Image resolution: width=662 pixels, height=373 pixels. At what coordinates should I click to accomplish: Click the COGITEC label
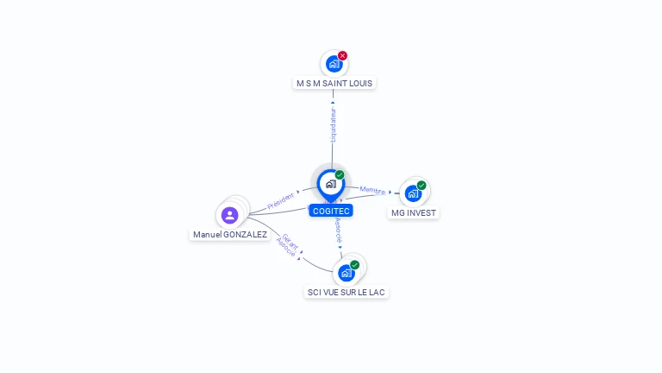coord(331,211)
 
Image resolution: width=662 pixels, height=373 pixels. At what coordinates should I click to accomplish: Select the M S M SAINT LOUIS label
coord(335,84)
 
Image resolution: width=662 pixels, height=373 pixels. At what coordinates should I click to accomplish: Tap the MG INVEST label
coord(414,212)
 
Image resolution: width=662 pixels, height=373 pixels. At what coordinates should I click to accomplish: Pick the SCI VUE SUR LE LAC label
coord(347,292)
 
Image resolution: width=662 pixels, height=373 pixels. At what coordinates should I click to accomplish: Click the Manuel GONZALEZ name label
coord(230,234)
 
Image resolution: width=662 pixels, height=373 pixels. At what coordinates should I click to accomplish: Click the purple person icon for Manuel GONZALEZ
coord(229,215)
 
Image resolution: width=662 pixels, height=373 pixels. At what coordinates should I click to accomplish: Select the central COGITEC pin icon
coord(330,184)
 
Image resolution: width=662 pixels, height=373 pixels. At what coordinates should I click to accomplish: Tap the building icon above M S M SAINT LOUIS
coord(334,64)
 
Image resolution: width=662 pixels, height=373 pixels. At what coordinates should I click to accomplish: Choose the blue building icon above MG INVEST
coord(413,193)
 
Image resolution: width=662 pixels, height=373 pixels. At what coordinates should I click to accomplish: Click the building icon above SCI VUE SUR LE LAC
coord(347,273)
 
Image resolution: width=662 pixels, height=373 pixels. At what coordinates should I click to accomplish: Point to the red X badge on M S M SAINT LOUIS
coord(342,55)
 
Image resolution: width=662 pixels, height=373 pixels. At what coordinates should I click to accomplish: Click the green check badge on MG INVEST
coord(422,185)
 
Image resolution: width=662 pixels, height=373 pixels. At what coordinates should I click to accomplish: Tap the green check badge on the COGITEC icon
coord(340,175)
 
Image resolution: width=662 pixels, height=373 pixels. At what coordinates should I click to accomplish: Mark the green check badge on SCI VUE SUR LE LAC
coord(354,265)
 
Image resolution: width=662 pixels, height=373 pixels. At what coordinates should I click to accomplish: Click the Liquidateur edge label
coord(334,124)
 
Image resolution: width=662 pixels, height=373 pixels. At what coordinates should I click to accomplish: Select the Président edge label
coord(281,201)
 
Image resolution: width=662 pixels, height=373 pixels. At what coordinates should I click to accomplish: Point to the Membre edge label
coord(372,190)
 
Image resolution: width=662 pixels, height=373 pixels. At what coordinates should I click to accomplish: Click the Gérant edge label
coord(290,242)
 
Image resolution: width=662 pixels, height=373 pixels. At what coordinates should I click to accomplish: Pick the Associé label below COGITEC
coord(338,230)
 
